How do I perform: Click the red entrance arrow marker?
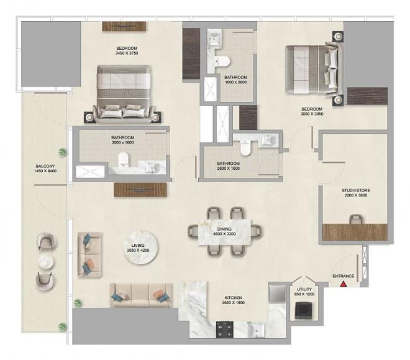coord(343,284)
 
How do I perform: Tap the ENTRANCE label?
coord(343,276)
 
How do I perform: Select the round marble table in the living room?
coord(140,247)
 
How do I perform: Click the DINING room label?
coord(224,229)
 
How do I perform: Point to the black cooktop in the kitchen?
coord(225,330)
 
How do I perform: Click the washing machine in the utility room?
coord(304,310)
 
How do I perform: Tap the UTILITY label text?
coord(304,289)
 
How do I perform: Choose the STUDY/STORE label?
coord(355,190)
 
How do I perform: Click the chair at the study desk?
coord(356,219)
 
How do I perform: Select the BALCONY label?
coord(45,166)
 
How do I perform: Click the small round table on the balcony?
coord(46,261)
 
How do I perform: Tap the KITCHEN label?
coord(233,298)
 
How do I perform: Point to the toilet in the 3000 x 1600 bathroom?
coord(124,160)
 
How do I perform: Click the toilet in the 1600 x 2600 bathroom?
coord(222,62)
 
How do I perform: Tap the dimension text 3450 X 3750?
coord(127,53)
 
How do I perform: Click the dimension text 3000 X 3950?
coord(312,114)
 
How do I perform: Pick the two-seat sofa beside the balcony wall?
coord(89,255)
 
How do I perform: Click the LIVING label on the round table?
coord(138,246)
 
